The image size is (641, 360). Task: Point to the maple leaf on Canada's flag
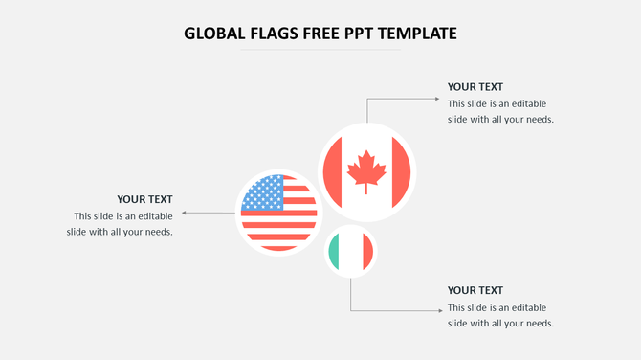(366, 172)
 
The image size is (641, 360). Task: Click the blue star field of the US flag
(263, 194)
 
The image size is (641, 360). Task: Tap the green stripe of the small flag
(335, 252)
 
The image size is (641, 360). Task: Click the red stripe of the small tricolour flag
(367, 252)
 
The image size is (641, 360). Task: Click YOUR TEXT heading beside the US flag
(144, 199)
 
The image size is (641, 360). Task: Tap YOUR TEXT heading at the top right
(475, 86)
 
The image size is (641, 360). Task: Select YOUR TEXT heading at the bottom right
(475, 290)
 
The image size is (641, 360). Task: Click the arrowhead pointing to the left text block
(184, 214)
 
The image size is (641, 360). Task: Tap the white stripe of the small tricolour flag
(351, 252)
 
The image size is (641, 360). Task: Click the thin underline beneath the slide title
(320, 50)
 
